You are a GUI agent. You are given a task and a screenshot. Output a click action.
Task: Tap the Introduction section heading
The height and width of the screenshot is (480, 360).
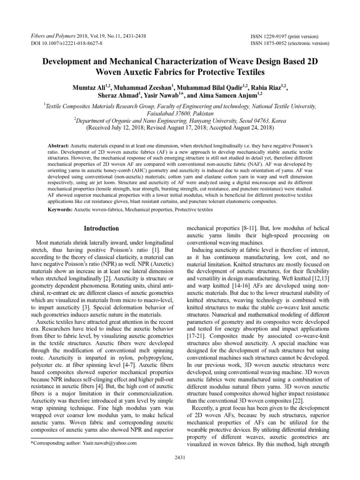point(101,229)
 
